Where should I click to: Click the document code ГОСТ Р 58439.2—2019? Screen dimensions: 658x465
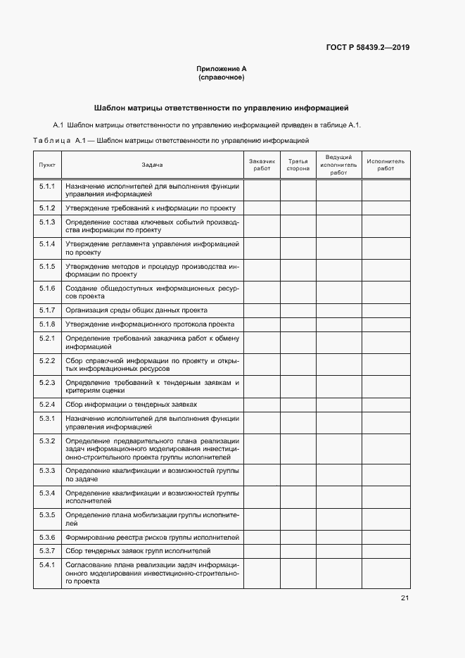point(368,48)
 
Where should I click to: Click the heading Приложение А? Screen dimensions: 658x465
point(222,69)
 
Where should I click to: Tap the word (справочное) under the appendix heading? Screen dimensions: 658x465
point(222,77)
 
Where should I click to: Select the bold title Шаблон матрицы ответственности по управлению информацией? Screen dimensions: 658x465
point(222,108)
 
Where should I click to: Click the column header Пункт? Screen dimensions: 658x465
point(47,165)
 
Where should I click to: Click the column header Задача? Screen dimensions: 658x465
point(152,165)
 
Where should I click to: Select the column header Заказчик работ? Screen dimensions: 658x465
point(262,165)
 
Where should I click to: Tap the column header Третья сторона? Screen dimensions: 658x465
point(298,165)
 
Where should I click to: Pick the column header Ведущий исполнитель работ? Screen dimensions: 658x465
point(338,165)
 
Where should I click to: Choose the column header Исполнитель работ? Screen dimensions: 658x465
point(386,165)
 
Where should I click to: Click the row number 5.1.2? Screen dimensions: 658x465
point(47,208)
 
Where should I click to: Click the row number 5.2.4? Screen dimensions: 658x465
point(47,405)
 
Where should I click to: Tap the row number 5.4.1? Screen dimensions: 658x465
point(47,565)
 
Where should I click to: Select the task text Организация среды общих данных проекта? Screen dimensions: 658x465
point(136,310)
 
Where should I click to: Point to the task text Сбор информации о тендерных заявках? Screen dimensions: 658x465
point(132,405)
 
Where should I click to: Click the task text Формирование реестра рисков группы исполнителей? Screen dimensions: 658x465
point(152,537)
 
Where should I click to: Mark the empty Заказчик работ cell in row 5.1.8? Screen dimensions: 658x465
point(262,324)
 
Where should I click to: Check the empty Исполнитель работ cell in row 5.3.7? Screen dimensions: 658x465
point(386,551)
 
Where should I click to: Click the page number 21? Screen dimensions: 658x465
point(405,598)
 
